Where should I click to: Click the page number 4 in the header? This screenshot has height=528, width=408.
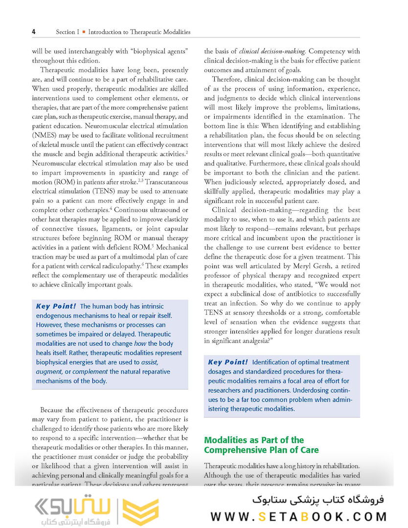(33, 32)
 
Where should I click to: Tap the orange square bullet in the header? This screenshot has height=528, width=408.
(84, 32)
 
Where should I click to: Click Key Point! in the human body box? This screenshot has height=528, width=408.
(56, 307)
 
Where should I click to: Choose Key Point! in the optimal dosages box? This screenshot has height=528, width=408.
(227, 362)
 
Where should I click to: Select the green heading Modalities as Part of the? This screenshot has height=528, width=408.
(254, 440)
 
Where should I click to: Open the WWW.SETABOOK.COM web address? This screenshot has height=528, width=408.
(299, 517)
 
